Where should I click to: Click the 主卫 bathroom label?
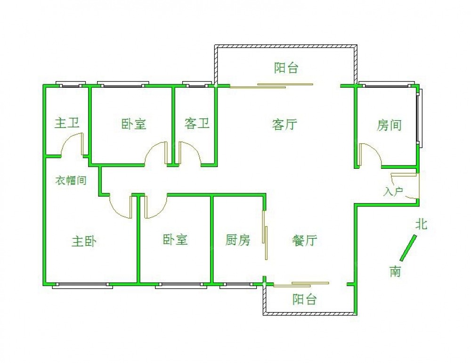[x=67, y=124]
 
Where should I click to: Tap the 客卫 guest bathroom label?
[x=197, y=124]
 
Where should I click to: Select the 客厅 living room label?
[x=284, y=125]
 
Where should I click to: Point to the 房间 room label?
[x=389, y=125]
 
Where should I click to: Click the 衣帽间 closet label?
[x=71, y=181]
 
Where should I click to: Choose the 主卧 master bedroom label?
[x=84, y=242]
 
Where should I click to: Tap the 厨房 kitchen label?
[x=237, y=240]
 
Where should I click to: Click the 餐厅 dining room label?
[x=305, y=241]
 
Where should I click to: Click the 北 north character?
[x=421, y=224]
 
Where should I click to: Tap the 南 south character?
[x=395, y=271]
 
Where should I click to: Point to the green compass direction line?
[x=408, y=248]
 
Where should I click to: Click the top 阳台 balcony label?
[x=286, y=68]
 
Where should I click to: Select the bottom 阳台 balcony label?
[x=304, y=299]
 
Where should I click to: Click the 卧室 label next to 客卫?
[x=134, y=124]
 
